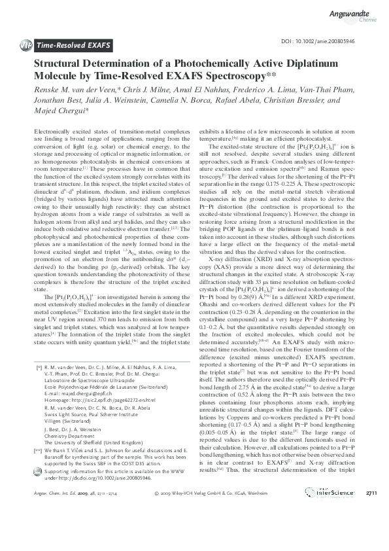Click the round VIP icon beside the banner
point(27,45)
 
